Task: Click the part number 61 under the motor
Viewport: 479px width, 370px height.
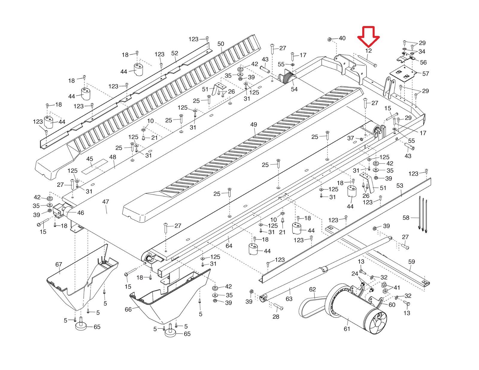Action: pyautogui.click(x=347, y=328)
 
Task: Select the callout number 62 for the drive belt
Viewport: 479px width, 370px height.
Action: pyautogui.click(x=312, y=289)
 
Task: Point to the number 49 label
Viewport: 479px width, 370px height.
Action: pyautogui.click(x=254, y=125)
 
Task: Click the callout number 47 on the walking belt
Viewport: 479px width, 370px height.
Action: pyautogui.click(x=105, y=202)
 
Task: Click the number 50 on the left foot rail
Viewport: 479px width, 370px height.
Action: pyautogui.click(x=221, y=44)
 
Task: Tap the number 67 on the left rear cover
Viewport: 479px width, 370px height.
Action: pyautogui.click(x=59, y=264)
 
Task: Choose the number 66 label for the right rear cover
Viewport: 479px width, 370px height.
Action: pyautogui.click(x=128, y=309)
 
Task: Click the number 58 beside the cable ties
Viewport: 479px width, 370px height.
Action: pyautogui.click(x=406, y=218)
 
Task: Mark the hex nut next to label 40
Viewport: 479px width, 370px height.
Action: pyautogui.click(x=328, y=39)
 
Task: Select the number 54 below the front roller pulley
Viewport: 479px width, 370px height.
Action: pyautogui.click(x=294, y=89)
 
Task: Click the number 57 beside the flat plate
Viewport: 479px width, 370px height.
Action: pyautogui.click(x=425, y=73)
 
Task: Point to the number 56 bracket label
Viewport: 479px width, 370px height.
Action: pyautogui.click(x=423, y=62)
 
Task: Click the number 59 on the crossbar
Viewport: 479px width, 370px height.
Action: pyautogui.click(x=412, y=262)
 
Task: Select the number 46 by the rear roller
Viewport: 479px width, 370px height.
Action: pyautogui.click(x=81, y=213)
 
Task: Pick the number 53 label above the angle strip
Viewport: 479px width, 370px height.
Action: pyautogui.click(x=400, y=186)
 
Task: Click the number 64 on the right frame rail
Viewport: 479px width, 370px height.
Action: pyautogui.click(x=229, y=246)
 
